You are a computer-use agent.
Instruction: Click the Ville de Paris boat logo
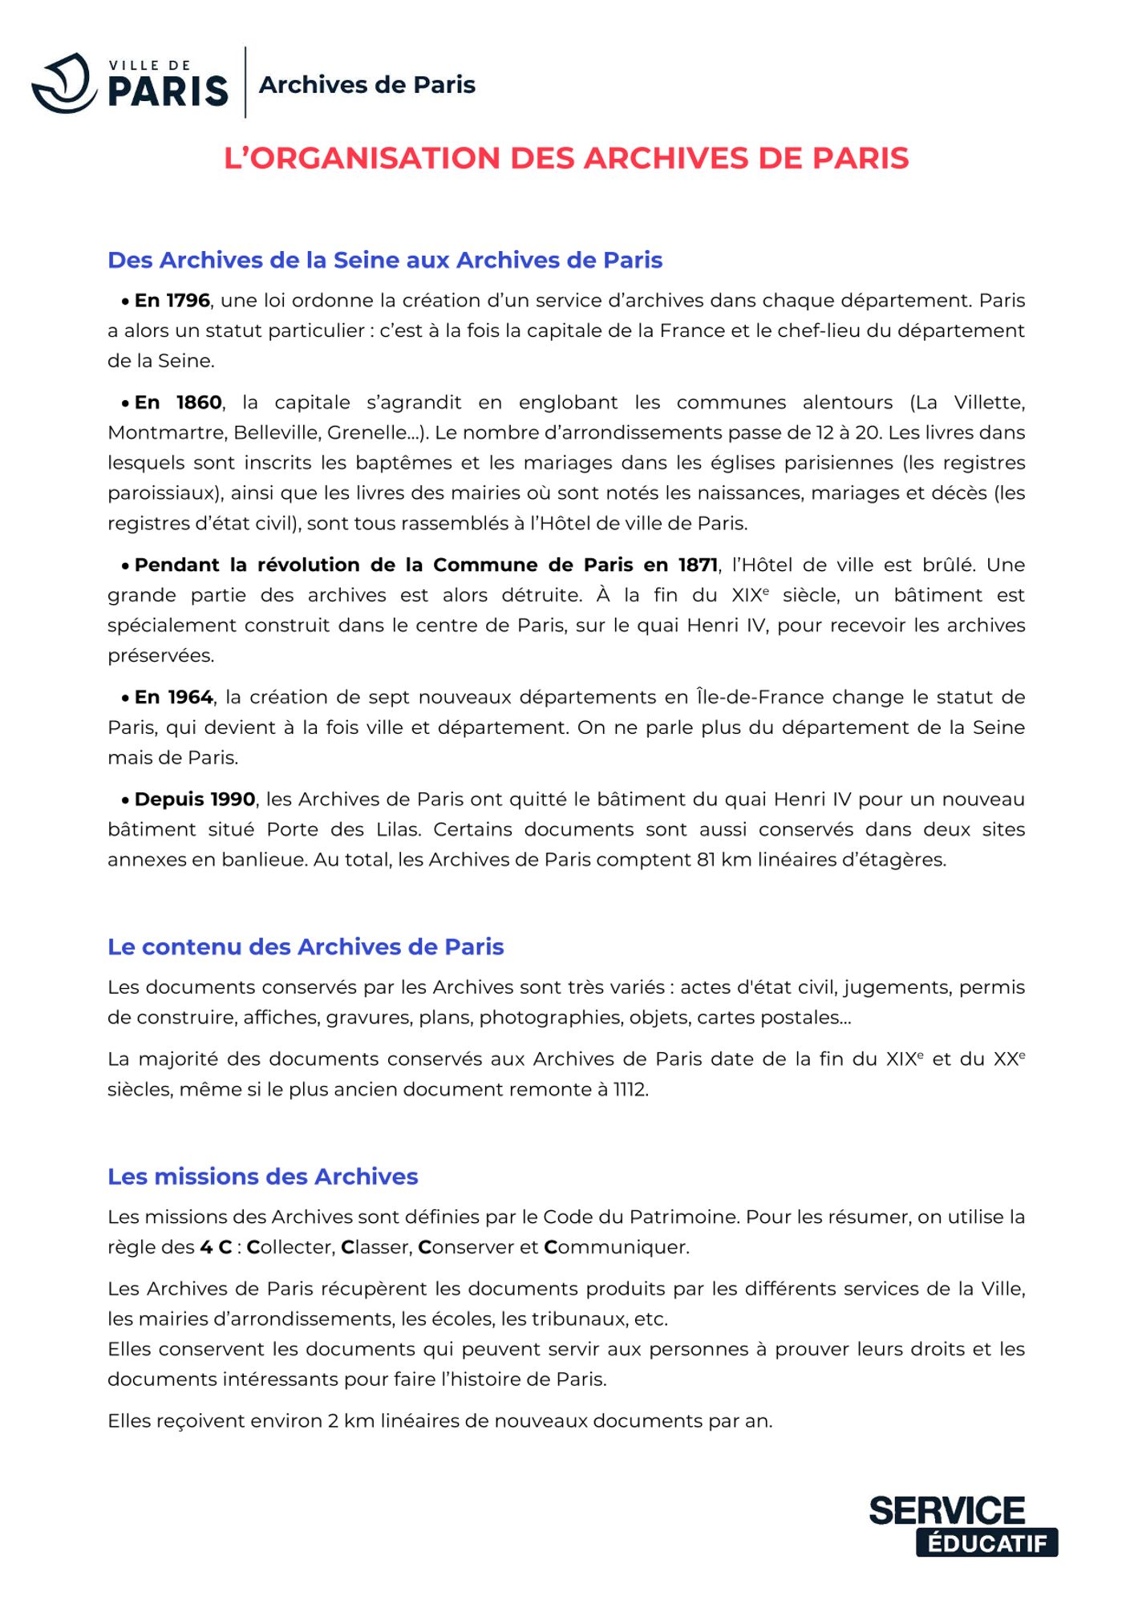(64, 83)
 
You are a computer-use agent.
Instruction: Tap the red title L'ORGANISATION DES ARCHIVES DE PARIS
(566, 158)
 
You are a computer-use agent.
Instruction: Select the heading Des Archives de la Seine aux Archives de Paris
(385, 260)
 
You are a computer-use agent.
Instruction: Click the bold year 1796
(188, 301)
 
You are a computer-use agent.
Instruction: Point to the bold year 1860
(199, 403)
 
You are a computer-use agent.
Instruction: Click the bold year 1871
(698, 565)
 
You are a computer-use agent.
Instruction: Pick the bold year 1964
(190, 698)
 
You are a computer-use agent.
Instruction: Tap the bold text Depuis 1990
(195, 800)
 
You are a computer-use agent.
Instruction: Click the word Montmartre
(167, 433)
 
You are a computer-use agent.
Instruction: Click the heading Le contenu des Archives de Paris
(306, 947)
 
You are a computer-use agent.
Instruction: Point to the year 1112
(630, 1090)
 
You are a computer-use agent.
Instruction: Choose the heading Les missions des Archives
(263, 1177)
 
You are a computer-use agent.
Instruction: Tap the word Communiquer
(616, 1248)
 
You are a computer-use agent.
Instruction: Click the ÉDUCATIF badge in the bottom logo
(986, 1543)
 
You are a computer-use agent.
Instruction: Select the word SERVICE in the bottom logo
(947, 1511)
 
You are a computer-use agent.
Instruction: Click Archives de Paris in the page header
(367, 85)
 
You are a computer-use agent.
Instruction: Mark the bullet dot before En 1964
(126, 699)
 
